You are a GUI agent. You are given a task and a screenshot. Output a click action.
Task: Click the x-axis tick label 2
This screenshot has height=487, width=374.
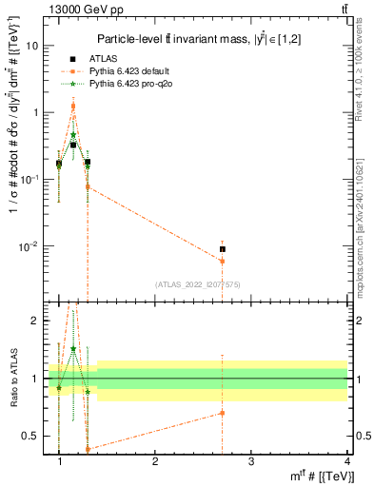[x=155, y=460]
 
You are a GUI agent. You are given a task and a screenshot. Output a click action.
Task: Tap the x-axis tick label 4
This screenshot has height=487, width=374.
[x=346, y=460]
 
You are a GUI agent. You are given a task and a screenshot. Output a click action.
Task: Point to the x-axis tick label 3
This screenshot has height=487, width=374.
[x=251, y=460]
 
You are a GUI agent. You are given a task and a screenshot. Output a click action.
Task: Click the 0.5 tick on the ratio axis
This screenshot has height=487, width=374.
[x=31, y=436]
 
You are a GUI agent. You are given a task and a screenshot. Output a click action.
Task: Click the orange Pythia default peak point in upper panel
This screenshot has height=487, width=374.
[x=73, y=107]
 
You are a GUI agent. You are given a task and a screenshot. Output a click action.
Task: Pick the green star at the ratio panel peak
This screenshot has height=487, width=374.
[x=73, y=349]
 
